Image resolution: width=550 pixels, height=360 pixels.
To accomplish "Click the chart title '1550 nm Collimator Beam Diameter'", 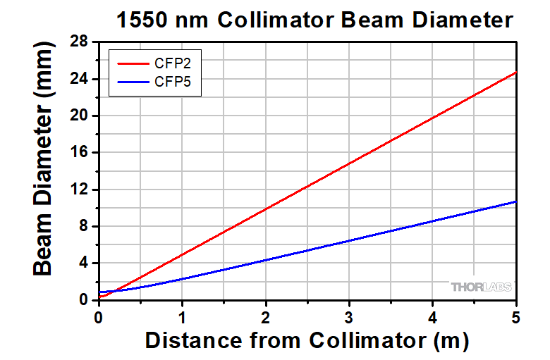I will [x=314, y=20].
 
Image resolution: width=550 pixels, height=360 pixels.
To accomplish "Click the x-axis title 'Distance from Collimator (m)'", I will [x=307, y=341].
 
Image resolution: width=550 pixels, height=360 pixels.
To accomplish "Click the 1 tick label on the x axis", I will [x=182, y=316].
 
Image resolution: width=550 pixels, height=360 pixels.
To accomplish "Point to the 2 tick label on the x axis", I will [x=266, y=316].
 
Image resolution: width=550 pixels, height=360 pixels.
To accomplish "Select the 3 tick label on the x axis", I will [x=349, y=316].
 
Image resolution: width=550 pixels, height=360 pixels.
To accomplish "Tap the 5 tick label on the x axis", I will [x=516, y=316].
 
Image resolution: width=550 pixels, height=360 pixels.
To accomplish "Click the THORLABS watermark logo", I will [x=481, y=287].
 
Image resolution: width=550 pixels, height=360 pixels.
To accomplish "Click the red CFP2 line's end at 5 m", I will [x=516, y=73].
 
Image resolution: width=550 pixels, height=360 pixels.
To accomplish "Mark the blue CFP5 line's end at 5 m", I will [x=516, y=201].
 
